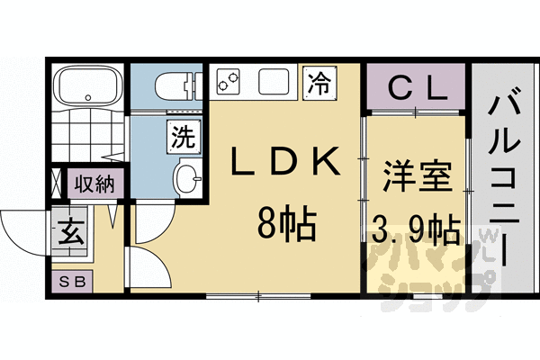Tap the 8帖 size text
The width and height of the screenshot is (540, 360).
tap(285, 221)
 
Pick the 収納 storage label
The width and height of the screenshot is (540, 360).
tap(94, 184)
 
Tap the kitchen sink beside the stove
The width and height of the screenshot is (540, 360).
tap(273, 83)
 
